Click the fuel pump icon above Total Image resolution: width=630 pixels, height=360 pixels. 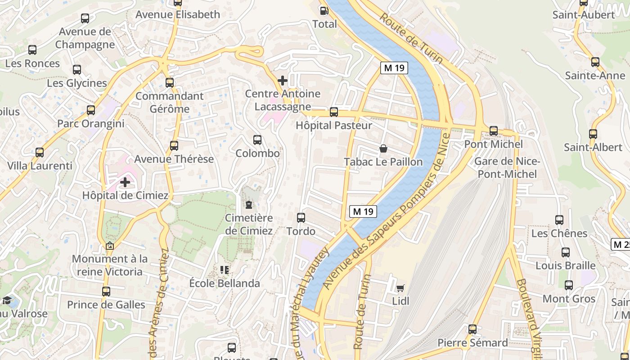coord(323,10)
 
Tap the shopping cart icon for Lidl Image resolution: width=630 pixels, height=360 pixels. coord(400,288)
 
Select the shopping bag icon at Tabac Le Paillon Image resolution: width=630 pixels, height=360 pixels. coord(383,148)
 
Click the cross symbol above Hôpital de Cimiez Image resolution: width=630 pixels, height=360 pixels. coord(125,182)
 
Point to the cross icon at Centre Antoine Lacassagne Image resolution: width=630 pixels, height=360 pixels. coord(283,81)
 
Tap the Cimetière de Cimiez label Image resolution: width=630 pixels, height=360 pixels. coord(249,224)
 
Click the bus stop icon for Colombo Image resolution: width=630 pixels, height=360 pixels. coord(257,140)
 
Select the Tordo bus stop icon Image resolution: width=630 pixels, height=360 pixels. coord(301,218)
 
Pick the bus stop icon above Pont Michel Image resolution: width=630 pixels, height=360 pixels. coord(494,131)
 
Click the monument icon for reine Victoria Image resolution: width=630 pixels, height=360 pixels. coord(109,246)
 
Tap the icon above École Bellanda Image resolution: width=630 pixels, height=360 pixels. coord(225,270)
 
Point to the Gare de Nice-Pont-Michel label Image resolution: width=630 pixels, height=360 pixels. coord(507,167)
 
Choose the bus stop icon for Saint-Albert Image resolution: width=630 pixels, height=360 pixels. coord(593,134)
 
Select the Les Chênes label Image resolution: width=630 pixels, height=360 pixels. coord(559,233)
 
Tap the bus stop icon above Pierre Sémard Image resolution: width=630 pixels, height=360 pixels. coord(472,329)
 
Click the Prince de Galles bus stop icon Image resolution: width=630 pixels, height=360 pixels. coord(106,292)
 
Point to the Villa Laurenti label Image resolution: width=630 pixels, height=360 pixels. coord(40,166)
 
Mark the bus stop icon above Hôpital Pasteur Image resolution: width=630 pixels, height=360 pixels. coord(334,112)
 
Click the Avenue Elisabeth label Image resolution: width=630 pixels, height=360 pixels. coord(178,14)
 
